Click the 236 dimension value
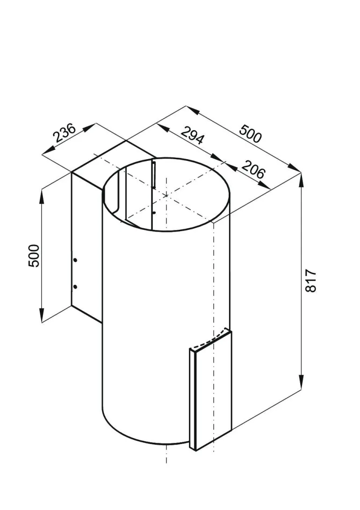(65, 133)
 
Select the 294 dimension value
(192, 136)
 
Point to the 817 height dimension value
(311, 281)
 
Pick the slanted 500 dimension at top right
(251, 132)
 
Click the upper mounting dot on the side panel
(75, 260)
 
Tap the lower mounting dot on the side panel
(75, 286)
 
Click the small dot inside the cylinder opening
(154, 213)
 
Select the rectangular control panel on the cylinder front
(210, 393)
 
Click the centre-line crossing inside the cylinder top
(166, 196)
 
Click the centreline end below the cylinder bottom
(166, 461)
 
